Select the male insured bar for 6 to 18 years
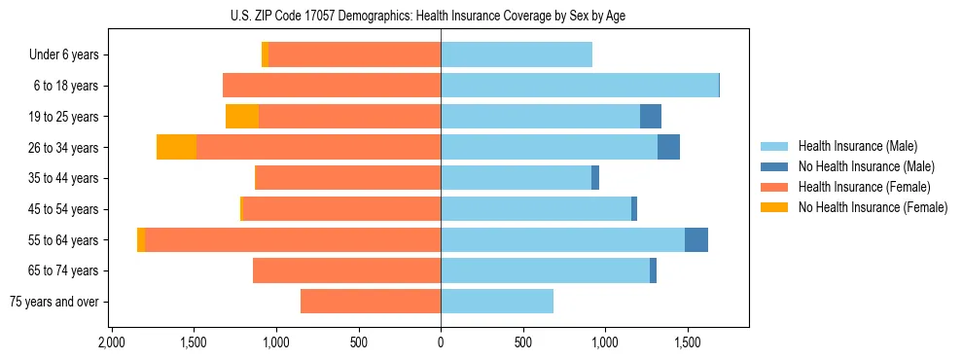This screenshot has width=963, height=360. coord(580,86)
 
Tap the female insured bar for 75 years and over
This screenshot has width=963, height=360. coord(371,302)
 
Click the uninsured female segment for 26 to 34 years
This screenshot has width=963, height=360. coord(176,147)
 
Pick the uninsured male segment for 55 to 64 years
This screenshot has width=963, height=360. coord(696,239)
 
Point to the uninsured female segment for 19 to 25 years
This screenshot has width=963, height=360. coord(242,117)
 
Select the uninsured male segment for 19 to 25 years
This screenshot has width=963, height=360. coord(651,117)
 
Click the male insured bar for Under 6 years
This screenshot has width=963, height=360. coord(517,55)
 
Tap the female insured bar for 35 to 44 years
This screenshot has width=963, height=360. coord(347,178)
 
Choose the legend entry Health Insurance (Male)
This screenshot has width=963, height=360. coord(857,146)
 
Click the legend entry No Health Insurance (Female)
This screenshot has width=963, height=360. coord(873,207)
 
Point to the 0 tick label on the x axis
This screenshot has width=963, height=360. coord(441,342)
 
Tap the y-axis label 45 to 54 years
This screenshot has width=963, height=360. coord(65,209)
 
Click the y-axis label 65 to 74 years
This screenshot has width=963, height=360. coord(65,270)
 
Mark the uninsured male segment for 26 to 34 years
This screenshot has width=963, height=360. coord(668,147)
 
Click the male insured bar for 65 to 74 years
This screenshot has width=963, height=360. coord(545,270)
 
